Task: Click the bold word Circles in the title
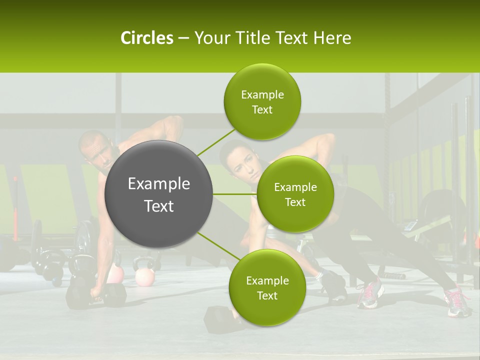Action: (147, 38)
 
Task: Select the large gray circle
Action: (159, 194)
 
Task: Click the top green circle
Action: (262, 101)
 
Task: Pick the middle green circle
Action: (295, 194)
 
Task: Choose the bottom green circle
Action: (267, 287)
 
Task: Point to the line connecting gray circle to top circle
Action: (216, 142)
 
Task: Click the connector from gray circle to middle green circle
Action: (235, 194)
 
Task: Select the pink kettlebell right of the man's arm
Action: (145, 275)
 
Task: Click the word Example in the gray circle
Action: (159, 184)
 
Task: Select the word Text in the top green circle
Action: (262, 110)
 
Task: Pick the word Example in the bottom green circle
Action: (267, 280)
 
